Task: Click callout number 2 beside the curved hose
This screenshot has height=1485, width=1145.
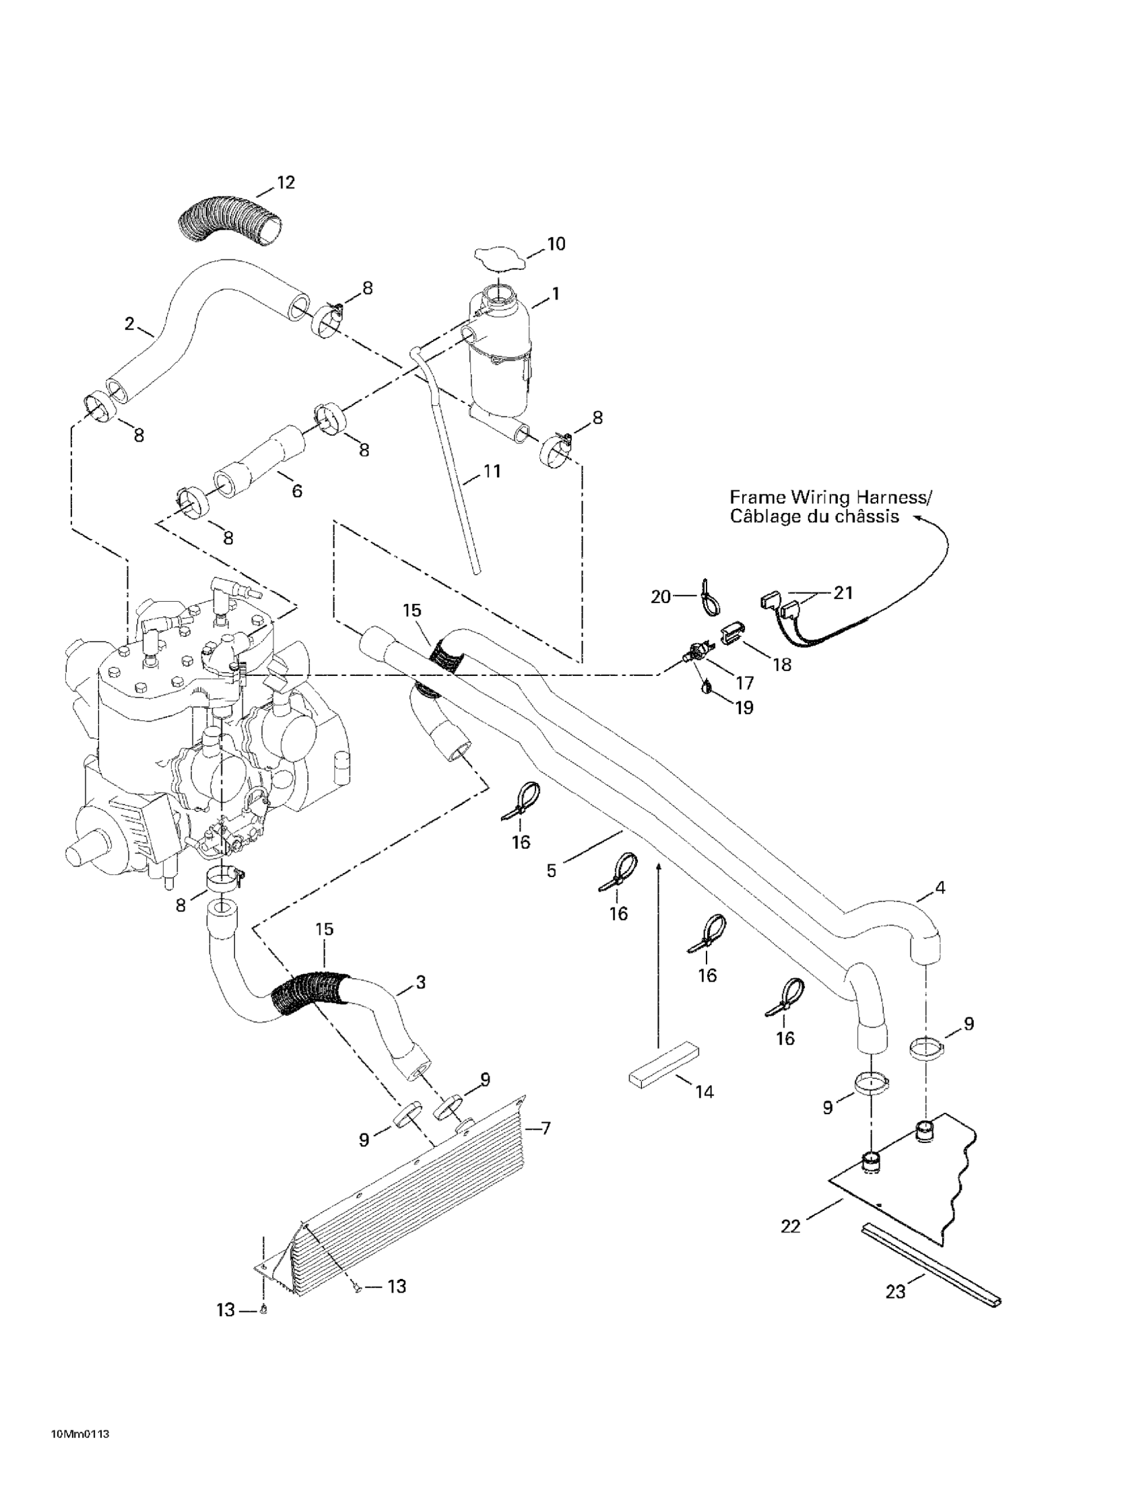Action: [129, 324]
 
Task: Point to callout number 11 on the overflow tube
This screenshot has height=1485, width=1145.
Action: [492, 471]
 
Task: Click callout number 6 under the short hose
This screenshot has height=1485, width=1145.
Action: [296, 490]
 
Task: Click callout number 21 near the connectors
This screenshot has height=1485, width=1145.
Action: [843, 593]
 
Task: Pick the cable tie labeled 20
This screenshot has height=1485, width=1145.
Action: [705, 594]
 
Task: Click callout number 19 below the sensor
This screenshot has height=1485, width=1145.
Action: [744, 707]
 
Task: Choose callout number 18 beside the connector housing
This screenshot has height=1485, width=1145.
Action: [783, 664]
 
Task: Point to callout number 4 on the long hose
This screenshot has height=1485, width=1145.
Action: [940, 887]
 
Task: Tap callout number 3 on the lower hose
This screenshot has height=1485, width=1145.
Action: [420, 982]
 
